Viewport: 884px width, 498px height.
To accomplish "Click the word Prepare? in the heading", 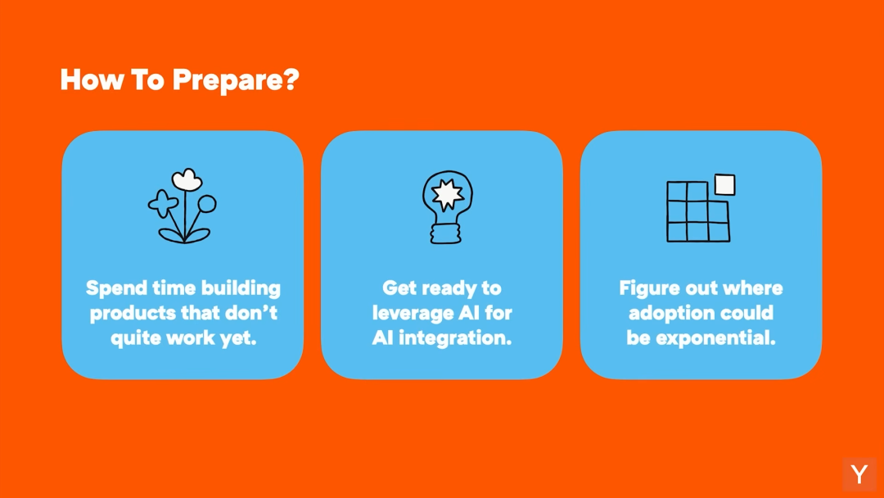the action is [x=236, y=80].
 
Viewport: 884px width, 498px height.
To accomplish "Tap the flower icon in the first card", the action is [x=183, y=206].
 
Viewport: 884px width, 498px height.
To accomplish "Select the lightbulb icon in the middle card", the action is [x=447, y=207].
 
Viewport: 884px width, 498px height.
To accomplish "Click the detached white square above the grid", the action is [x=725, y=184].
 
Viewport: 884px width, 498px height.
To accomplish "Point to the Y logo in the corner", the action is [x=859, y=473].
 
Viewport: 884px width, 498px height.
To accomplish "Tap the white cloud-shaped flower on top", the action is [x=187, y=179].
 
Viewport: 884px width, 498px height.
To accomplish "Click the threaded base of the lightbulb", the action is [x=446, y=233].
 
